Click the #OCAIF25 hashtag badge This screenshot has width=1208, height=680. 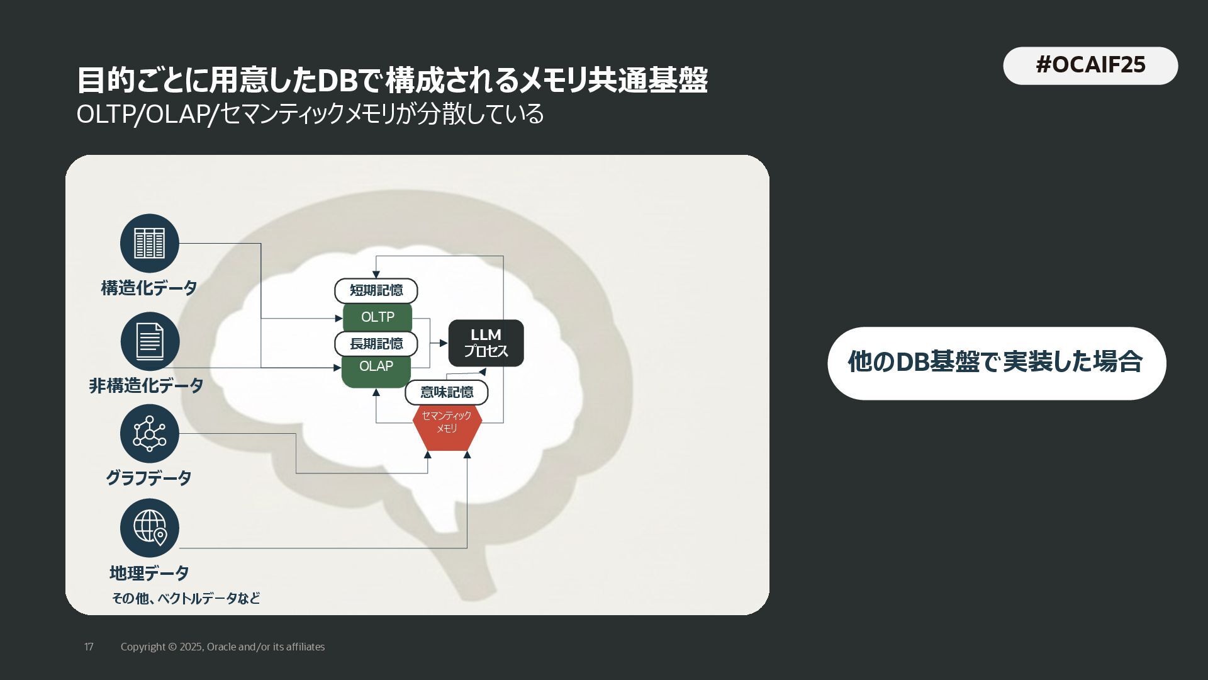click(x=1090, y=65)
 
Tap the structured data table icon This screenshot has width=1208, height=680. click(x=150, y=244)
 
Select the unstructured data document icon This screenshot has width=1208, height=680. click(x=150, y=341)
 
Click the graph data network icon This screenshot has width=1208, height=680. click(x=150, y=434)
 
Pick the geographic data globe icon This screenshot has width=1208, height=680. click(x=150, y=528)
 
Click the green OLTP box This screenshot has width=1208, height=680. click(x=377, y=317)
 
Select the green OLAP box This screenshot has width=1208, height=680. click(x=376, y=368)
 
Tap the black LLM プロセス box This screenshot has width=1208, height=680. click(x=486, y=343)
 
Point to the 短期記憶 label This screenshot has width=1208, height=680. click(x=376, y=290)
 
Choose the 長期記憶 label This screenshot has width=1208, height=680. click(x=376, y=344)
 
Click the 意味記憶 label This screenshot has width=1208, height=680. click(x=447, y=392)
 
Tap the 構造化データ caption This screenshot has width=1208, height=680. click(x=149, y=288)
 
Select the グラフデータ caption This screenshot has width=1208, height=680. click(x=148, y=478)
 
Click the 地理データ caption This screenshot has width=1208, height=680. click(x=149, y=573)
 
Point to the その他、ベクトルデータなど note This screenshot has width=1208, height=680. click(x=186, y=598)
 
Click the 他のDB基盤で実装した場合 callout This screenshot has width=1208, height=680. click(x=996, y=363)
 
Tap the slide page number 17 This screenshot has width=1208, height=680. click(x=89, y=647)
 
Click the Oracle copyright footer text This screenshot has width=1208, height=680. click(x=223, y=647)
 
